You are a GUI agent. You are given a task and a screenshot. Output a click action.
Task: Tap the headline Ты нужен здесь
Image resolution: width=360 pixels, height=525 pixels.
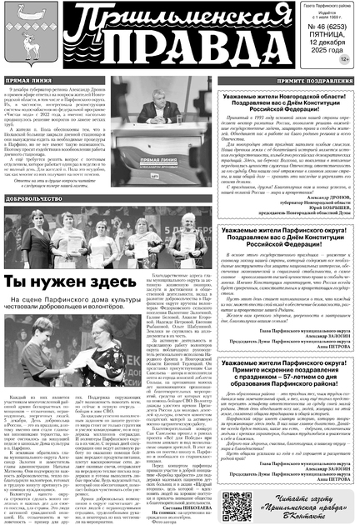65,259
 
